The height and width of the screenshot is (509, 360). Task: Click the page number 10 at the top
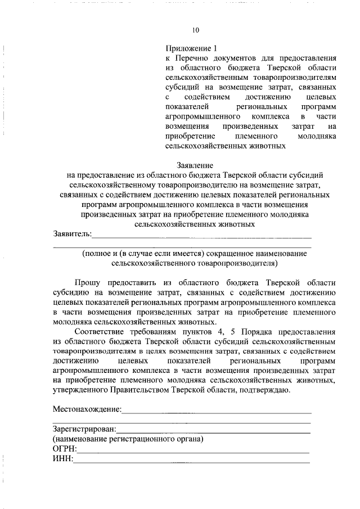(x=195, y=30)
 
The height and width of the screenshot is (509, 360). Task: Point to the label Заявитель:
(x=72, y=233)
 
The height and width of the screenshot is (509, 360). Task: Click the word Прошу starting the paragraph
(x=88, y=282)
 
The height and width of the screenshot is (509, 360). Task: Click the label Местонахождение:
(x=87, y=409)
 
